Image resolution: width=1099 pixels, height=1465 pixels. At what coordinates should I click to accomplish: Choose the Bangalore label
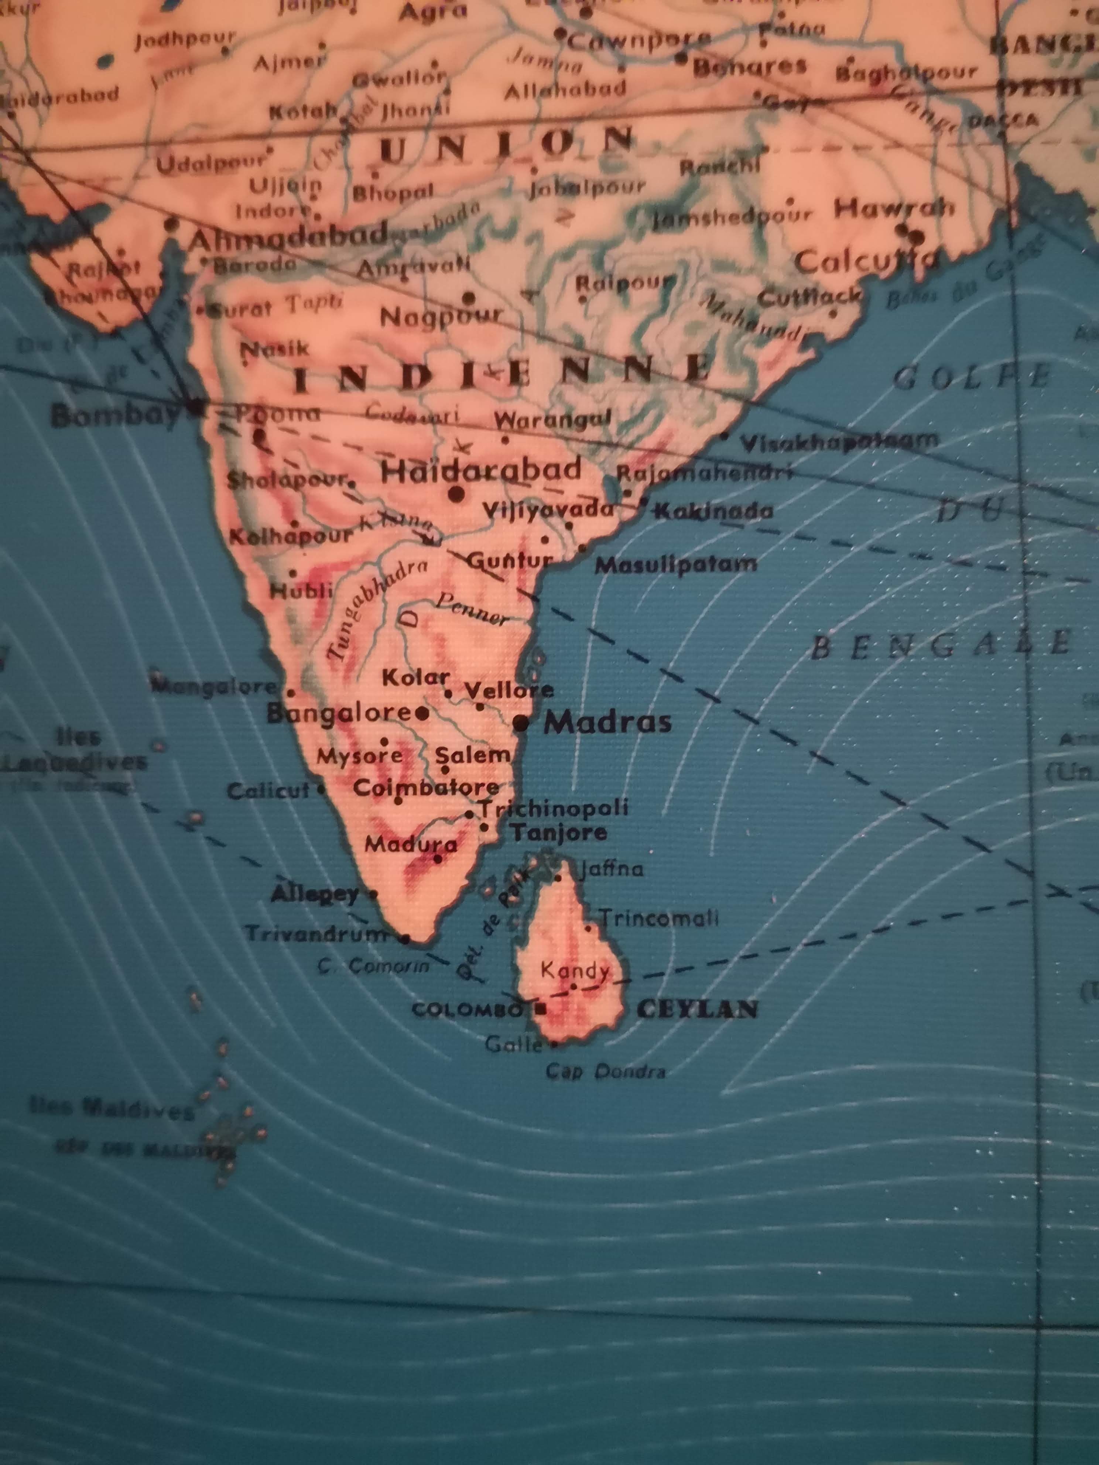[x=339, y=713]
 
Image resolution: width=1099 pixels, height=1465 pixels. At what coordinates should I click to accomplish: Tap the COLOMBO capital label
[x=467, y=1010]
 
